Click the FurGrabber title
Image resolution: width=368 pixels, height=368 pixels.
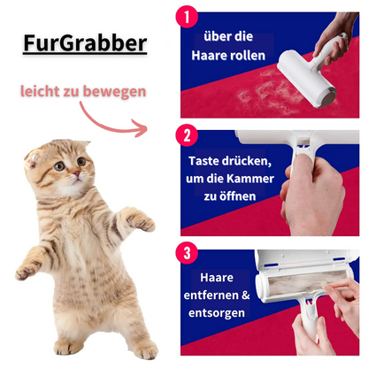85,43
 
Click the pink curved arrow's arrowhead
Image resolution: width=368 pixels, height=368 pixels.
141,128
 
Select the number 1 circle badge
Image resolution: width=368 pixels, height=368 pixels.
187,17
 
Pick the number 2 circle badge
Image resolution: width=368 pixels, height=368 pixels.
187,135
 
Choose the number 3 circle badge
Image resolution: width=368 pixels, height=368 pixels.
187,253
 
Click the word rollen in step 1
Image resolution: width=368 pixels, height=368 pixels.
248,56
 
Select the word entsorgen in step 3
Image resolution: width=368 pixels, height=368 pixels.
217,313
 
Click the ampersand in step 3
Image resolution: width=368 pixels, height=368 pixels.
246,295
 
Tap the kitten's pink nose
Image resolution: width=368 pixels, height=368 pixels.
76,173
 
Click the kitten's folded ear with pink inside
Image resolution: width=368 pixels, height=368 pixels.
32,158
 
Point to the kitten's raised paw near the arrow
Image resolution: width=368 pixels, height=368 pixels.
140,221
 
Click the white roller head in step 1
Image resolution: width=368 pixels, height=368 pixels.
307,79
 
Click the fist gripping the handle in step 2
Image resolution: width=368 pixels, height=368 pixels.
313,195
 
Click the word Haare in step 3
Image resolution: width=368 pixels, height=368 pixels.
217,278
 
